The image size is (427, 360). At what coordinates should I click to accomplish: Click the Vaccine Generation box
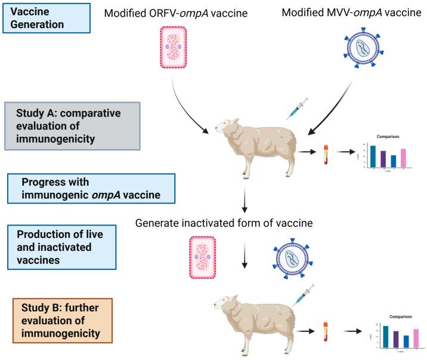coord(45,17)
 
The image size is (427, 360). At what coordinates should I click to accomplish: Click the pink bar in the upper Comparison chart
coord(403,158)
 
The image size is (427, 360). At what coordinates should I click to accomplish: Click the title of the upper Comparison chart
coord(388,136)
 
